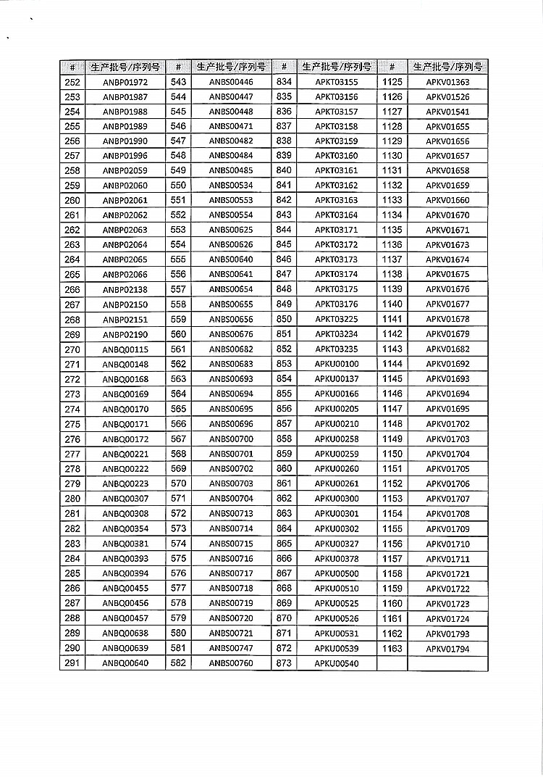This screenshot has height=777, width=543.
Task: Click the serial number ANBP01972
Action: pos(125,83)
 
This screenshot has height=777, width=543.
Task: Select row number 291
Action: pos(72,663)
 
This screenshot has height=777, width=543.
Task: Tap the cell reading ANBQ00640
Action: pos(125,663)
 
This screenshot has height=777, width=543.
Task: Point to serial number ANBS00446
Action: pos(231,83)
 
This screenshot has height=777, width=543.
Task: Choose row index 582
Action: pos(178,663)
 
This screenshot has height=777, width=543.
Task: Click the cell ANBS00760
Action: pos(231,663)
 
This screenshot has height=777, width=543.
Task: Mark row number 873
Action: pos(285,663)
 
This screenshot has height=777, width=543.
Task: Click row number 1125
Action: pos(392,83)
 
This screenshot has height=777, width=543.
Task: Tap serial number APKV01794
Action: pos(447,649)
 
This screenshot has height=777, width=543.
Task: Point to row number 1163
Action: pos(392,649)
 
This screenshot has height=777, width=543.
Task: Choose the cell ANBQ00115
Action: pos(125,349)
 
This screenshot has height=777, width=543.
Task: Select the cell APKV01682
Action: pos(447,349)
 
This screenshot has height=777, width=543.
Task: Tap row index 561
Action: pos(178,349)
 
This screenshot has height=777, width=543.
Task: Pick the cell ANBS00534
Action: pos(231,186)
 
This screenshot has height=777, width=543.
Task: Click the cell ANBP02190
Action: pos(125,334)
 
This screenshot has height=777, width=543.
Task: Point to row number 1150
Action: pos(392,454)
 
